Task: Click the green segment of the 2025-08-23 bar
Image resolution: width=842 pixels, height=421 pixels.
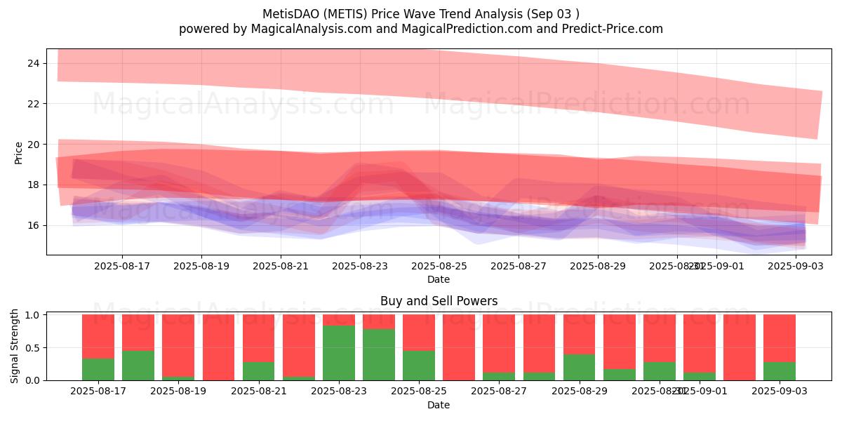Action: coord(338,353)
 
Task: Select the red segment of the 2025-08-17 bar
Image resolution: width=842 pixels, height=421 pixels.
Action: coord(98,336)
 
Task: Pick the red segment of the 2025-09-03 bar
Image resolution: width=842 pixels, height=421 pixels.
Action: coord(780,338)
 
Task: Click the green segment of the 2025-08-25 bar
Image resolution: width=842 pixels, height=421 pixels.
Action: coord(419,365)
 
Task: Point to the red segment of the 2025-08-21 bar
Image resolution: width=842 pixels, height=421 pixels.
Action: coord(258,338)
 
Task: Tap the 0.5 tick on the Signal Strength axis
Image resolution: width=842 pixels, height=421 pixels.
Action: coord(32,348)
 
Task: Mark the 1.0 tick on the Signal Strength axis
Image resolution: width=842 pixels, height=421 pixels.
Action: coord(32,315)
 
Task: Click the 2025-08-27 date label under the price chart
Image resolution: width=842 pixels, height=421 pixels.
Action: coord(518,266)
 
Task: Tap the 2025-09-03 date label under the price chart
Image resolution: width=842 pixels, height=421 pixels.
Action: coord(796,266)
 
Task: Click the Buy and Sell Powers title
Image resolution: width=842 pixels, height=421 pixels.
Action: coord(439,301)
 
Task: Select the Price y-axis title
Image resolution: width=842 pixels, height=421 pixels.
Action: coord(18,152)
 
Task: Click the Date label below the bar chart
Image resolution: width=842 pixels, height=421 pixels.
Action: coord(439,405)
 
